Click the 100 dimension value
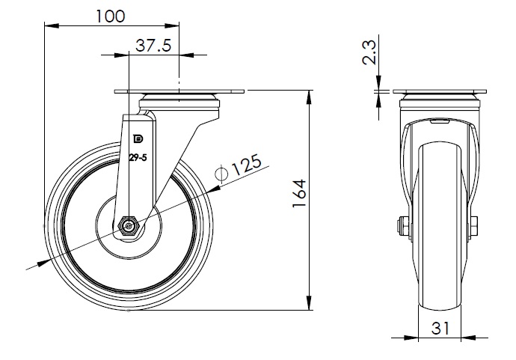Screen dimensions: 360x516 (111, 16)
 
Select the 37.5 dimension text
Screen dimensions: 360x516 (153, 46)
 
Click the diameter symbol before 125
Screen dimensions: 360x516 (221, 174)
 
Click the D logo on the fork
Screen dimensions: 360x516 (137, 138)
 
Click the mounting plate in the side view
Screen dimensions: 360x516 (179, 93)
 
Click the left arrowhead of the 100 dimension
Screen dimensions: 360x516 (49, 25)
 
